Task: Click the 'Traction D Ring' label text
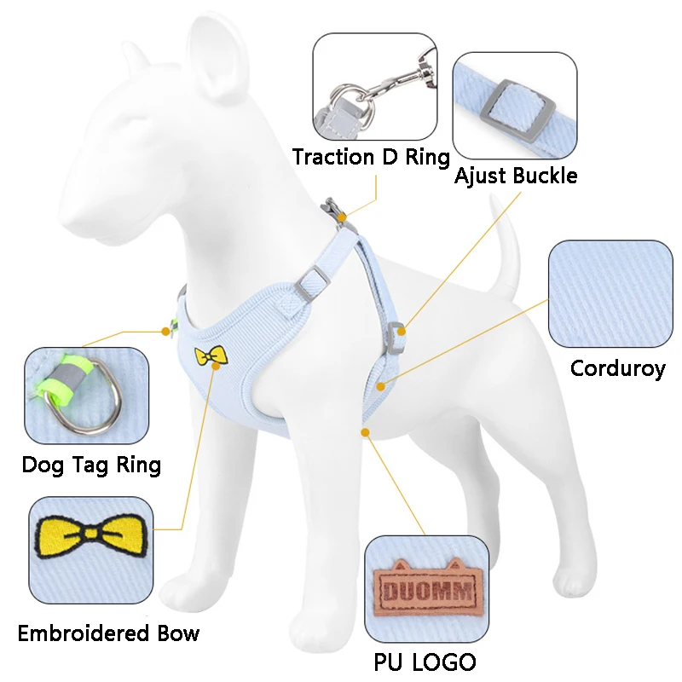point(371,158)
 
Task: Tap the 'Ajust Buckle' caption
point(515,176)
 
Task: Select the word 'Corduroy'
point(617,369)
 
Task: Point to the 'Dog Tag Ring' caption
point(91,465)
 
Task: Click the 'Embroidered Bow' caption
point(108,633)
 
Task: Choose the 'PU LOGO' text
point(425,662)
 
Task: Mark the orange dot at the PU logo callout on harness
point(366,432)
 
